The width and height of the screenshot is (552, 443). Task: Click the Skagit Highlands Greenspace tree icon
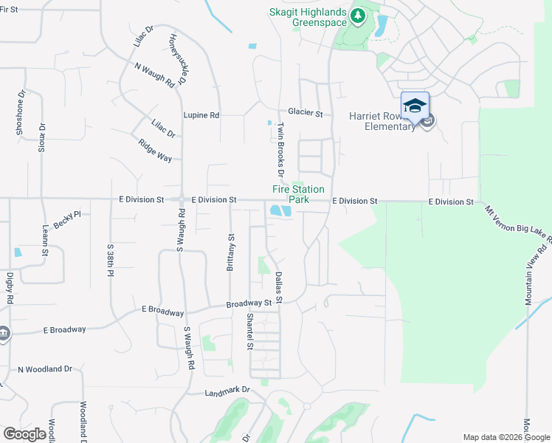point(358,15)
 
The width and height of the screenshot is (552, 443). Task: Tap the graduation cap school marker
point(415,105)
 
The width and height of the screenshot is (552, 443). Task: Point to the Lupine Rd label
point(201,116)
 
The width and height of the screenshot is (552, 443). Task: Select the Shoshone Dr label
point(21,112)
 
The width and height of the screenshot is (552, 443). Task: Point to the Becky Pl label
point(66,220)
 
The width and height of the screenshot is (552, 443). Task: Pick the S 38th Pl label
point(111,260)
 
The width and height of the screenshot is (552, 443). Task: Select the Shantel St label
point(250,332)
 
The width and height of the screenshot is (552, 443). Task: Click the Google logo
point(24,434)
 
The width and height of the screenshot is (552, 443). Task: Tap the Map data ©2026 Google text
point(506,437)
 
